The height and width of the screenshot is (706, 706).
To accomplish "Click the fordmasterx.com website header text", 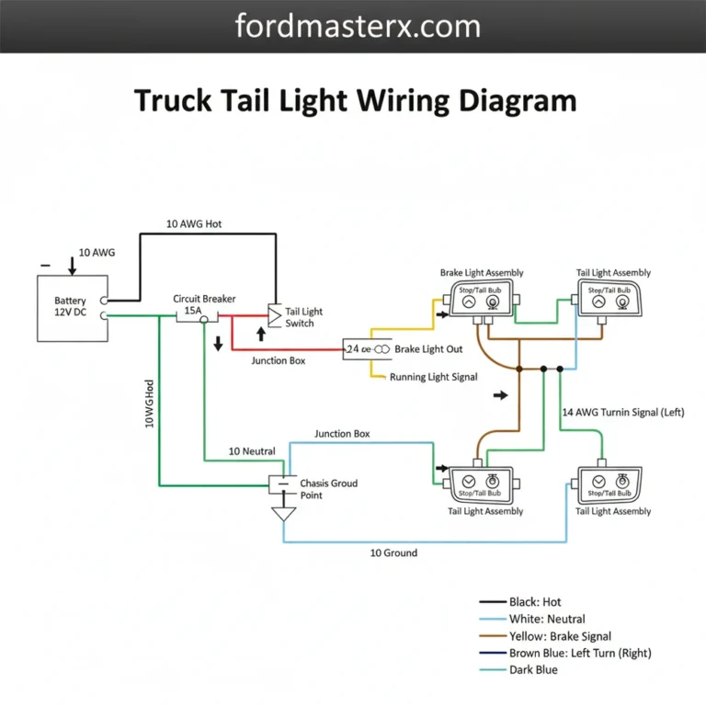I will pyautogui.click(x=358, y=26).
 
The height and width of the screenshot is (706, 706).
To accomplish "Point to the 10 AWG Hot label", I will pyautogui.click(x=193, y=223).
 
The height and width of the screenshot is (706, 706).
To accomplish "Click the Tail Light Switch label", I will pyautogui.click(x=304, y=317).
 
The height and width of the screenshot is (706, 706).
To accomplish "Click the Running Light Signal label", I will pyautogui.click(x=433, y=377).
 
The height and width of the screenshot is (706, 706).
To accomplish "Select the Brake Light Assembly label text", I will pyautogui.click(x=481, y=272).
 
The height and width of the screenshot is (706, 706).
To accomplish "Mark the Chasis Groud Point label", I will pyautogui.click(x=328, y=489).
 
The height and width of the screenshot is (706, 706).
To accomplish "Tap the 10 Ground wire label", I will pyautogui.click(x=393, y=552).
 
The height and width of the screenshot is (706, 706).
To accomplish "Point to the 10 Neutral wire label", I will pyautogui.click(x=251, y=451).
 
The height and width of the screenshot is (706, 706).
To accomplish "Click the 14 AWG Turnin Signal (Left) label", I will pyautogui.click(x=622, y=412).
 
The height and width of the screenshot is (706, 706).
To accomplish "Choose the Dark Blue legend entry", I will pyautogui.click(x=533, y=669).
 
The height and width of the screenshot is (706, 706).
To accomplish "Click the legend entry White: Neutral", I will pyautogui.click(x=547, y=619).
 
